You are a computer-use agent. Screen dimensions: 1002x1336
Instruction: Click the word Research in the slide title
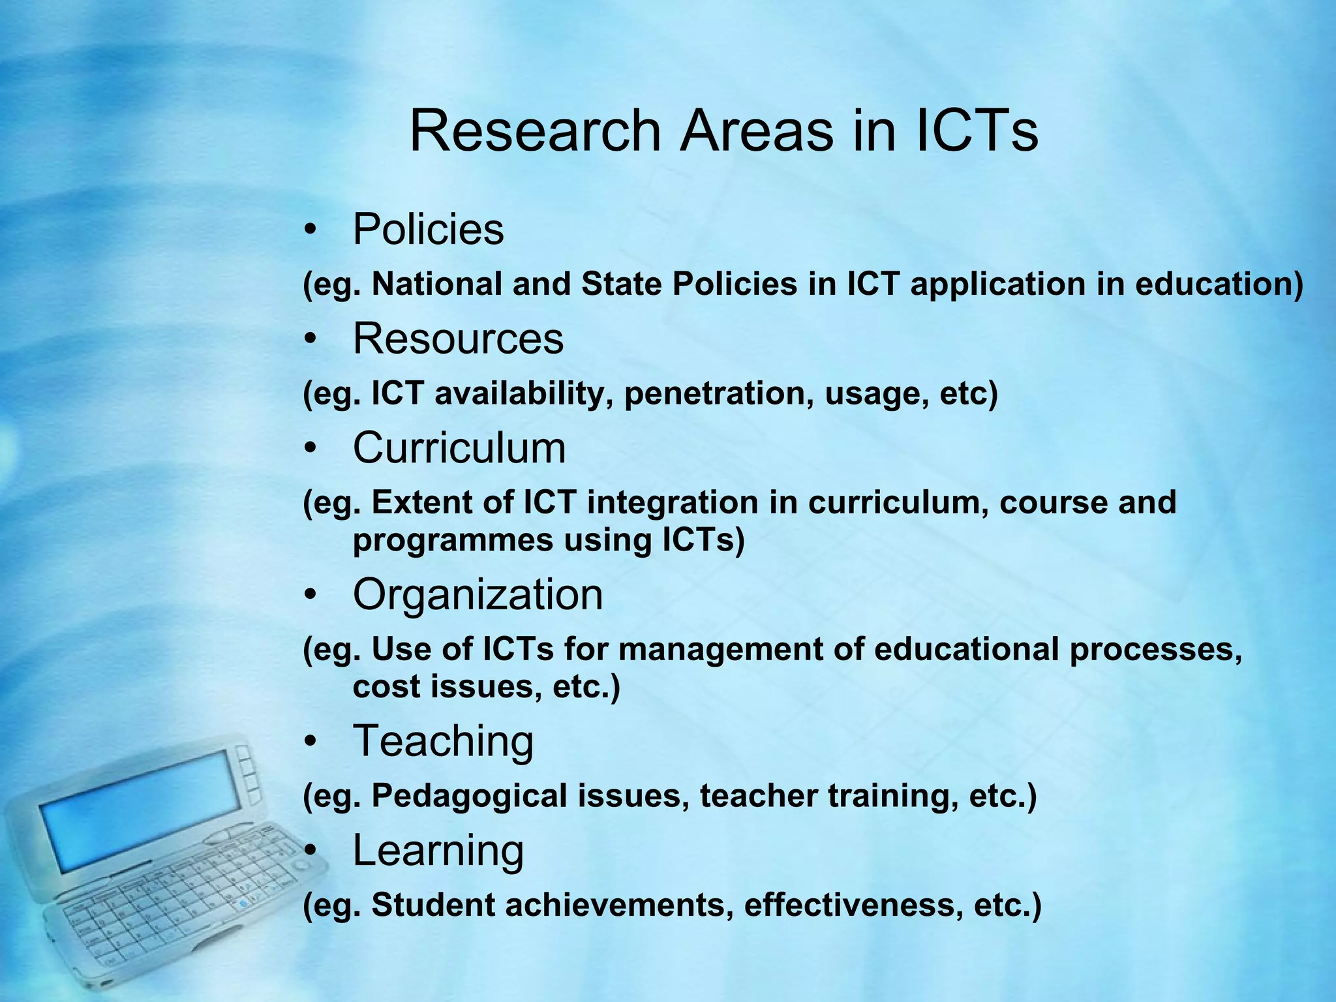535,130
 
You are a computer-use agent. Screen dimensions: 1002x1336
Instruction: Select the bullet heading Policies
428,230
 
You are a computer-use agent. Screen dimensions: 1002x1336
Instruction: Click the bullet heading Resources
458,339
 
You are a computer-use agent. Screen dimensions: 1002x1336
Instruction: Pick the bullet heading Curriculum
459,448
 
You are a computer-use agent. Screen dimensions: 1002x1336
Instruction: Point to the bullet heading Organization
478,595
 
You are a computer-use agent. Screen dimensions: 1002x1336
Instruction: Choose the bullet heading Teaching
443,741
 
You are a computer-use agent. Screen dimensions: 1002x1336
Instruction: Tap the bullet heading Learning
438,851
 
